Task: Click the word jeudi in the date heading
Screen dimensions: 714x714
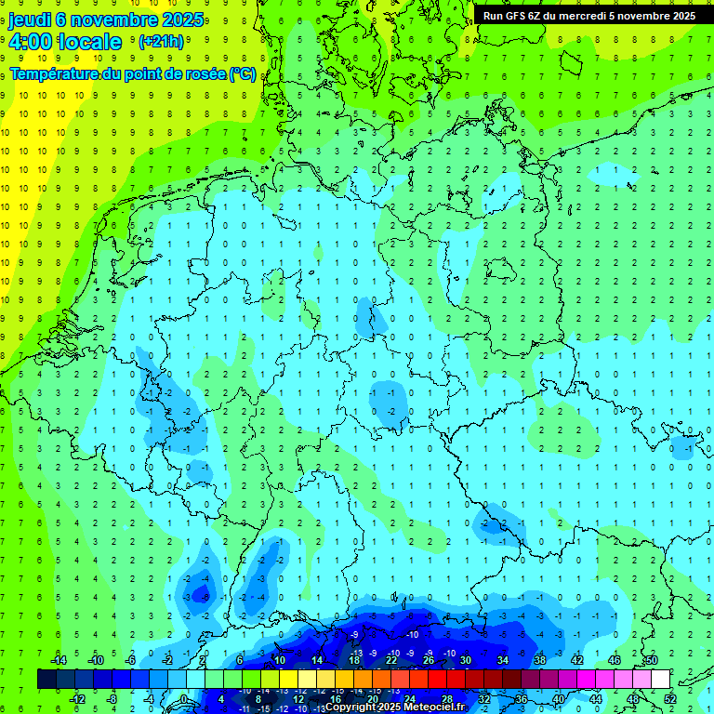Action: pyautogui.click(x=30, y=20)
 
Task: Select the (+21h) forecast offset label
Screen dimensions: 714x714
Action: pyautogui.click(x=160, y=42)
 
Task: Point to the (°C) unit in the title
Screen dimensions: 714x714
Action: pyautogui.click(x=243, y=74)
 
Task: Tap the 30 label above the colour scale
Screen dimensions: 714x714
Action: pyautogui.click(x=465, y=660)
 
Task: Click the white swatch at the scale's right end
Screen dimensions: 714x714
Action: pyautogui.click(x=660, y=679)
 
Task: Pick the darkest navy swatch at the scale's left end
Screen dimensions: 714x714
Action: pyautogui.click(x=46, y=679)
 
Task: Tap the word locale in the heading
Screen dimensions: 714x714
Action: pyautogui.click(x=89, y=42)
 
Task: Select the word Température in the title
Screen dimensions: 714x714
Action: pyautogui.click(x=55, y=74)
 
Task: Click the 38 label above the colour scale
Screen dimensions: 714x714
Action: pyautogui.click(x=539, y=660)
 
